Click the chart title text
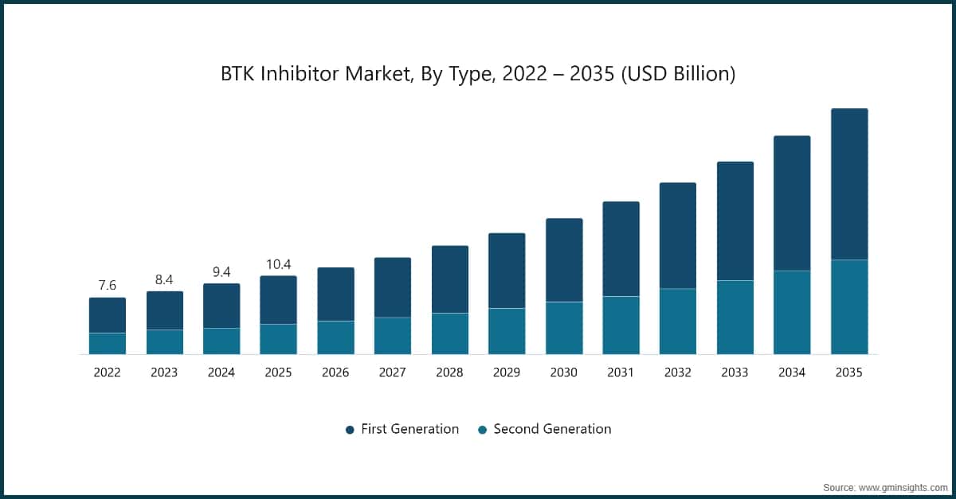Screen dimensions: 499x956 click(477, 74)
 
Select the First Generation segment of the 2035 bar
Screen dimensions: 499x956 click(849, 184)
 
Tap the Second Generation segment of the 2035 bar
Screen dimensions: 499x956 click(849, 306)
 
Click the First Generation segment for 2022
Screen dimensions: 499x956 click(108, 315)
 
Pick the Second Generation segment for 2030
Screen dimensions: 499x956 click(564, 328)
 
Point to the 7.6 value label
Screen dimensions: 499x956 click(108, 285)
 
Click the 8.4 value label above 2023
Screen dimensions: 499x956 click(164, 279)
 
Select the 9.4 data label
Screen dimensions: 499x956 click(221, 271)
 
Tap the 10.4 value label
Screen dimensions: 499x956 click(278, 263)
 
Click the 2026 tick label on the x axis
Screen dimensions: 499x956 click(335, 372)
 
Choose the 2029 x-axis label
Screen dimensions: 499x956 click(507, 372)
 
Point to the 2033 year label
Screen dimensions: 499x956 click(735, 372)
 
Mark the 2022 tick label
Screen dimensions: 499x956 click(108, 372)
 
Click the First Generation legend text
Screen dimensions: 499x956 click(409, 429)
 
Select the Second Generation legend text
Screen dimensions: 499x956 click(552, 429)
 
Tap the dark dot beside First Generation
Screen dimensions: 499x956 click(350, 430)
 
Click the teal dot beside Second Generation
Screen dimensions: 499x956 click(482, 430)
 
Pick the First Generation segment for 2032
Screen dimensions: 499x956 click(678, 236)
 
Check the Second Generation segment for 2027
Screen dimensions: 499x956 click(393, 336)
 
